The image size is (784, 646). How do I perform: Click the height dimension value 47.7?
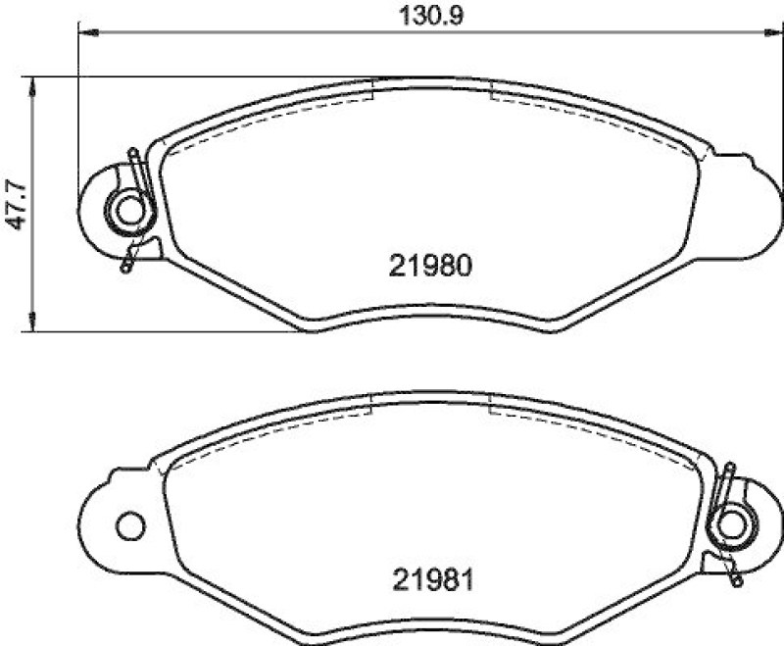(14, 203)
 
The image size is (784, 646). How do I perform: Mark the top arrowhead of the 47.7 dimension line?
(34, 83)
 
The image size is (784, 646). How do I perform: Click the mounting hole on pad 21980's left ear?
(127, 210)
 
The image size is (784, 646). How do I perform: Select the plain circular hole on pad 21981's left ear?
(129, 526)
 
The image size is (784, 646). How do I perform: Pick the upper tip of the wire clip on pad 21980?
(133, 153)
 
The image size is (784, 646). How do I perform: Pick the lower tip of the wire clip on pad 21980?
(125, 267)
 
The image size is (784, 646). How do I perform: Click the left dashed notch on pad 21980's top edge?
(375, 90)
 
